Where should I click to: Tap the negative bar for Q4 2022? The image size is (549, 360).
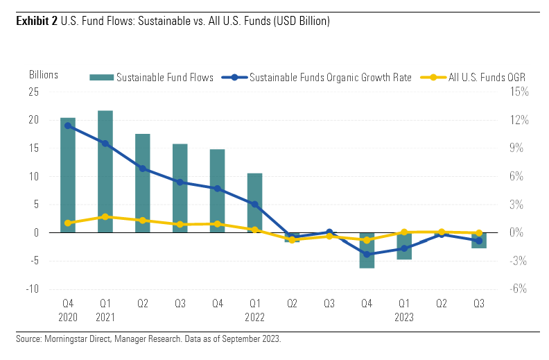[x=367, y=250]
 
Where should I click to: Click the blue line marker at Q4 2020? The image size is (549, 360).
[x=68, y=126]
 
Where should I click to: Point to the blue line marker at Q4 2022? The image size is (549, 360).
[x=367, y=255]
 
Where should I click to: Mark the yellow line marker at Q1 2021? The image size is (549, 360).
[x=105, y=217]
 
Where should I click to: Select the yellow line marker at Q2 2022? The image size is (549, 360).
[x=292, y=240]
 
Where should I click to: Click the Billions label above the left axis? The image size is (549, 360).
[x=44, y=74]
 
